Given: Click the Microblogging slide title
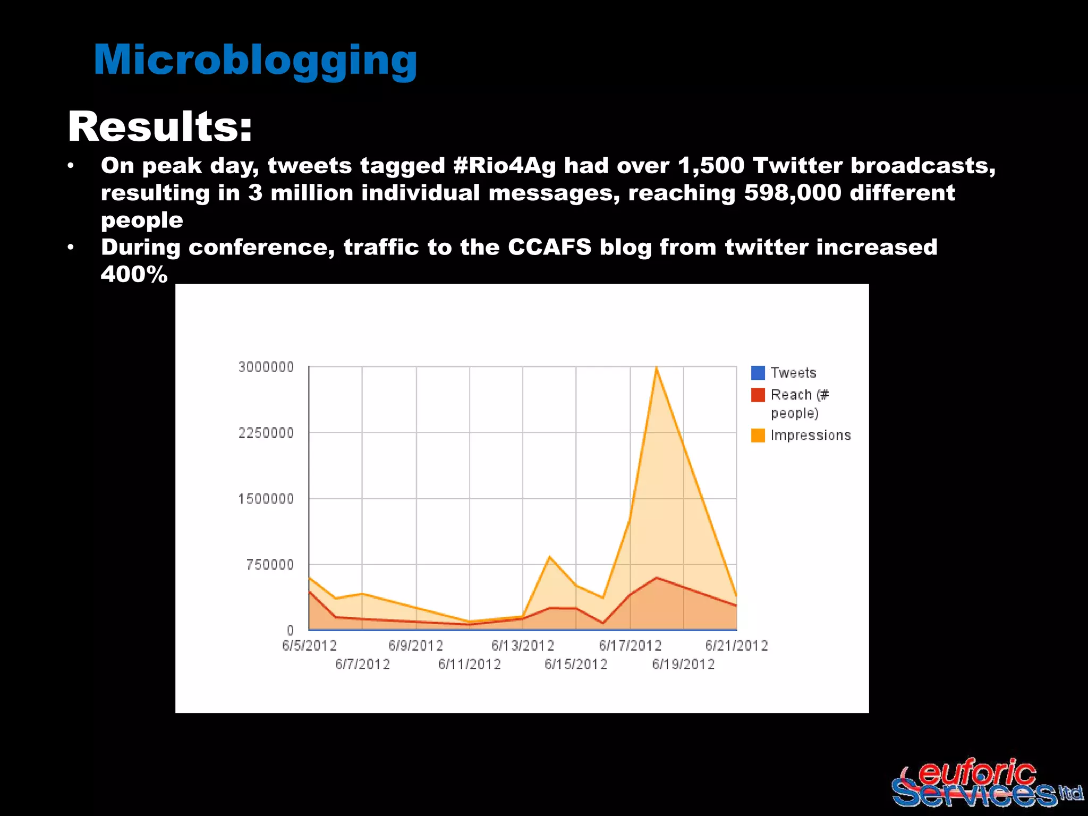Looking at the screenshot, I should tap(255, 60).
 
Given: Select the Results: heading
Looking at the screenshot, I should tap(159, 127).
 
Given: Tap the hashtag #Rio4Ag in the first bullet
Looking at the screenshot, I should tap(504, 166).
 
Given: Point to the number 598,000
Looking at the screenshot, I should tap(793, 193).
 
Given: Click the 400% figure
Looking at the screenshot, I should tap(134, 275).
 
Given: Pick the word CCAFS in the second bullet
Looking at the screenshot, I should tap(549, 248).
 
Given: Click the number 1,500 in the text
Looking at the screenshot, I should tap(711, 166).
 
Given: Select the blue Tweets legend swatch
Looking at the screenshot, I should tap(758, 373).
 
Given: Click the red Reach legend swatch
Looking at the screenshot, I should tap(758, 395).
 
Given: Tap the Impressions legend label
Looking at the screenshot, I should tap(810, 435).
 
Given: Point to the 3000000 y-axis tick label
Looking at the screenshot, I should tap(266, 367).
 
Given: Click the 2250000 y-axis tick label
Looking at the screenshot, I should tap(266, 433).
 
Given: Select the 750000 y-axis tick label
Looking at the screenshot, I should tap(270, 565).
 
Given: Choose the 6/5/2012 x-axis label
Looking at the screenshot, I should tap(309, 646).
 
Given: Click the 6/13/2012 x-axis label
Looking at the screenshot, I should tap(522, 646).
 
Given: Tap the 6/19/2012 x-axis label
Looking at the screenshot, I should tap(683, 664).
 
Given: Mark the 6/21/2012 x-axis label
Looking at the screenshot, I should tap(736, 646).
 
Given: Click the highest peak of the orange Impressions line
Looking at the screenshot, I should tap(657, 368).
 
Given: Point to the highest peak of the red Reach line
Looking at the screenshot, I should tap(657, 577).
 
